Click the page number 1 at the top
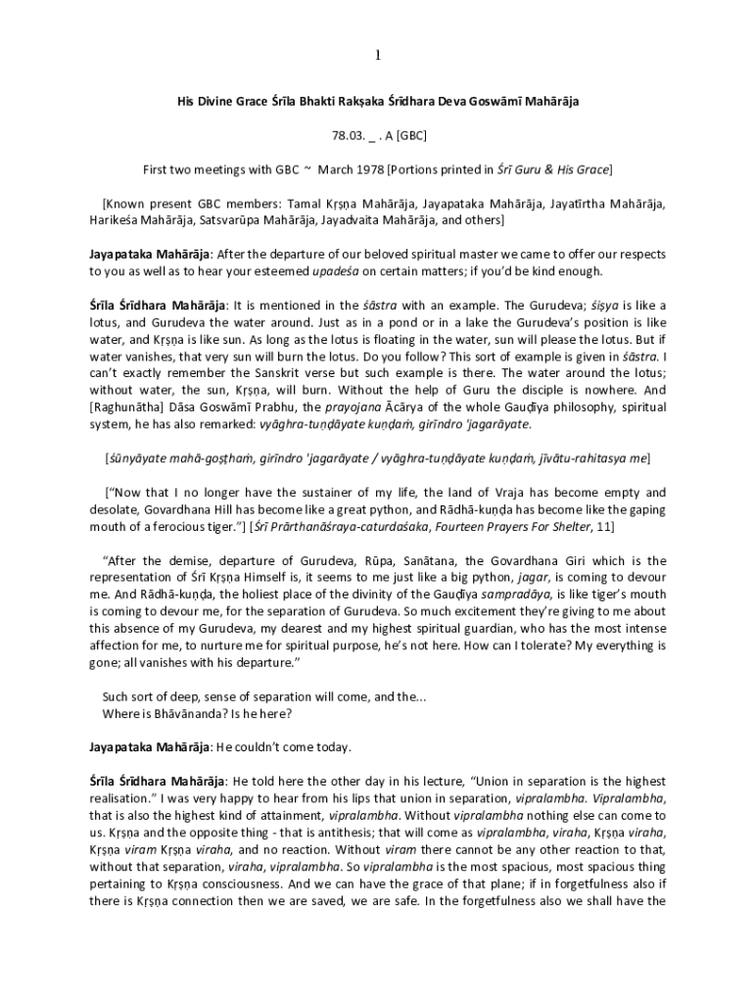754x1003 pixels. [376, 55]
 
